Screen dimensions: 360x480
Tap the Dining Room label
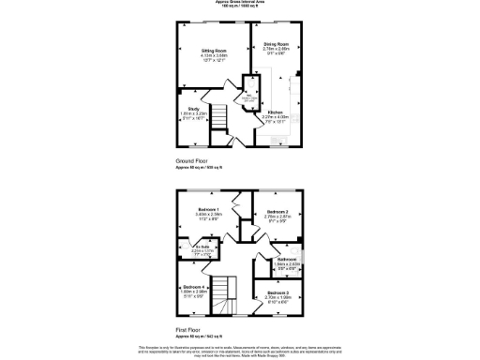point(276,44)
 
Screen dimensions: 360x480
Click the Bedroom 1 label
point(208,208)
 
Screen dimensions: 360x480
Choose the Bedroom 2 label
point(276,213)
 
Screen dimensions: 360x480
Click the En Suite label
point(202,247)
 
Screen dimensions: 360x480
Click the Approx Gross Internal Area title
point(240,3)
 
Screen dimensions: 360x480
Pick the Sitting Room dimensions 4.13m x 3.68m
point(215,56)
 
